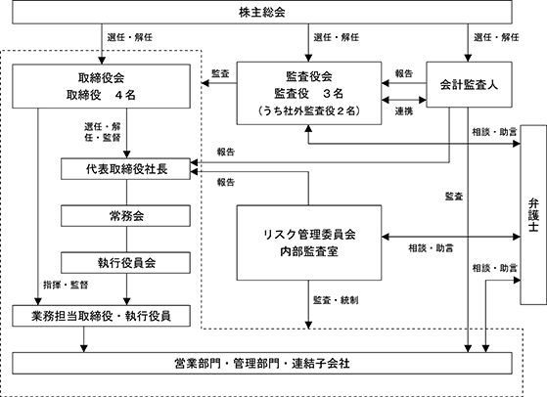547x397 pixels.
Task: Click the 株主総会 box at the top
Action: [x=262, y=12]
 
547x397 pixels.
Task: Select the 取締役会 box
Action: [x=101, y=86]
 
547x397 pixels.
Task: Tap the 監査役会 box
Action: [x=309, y=93]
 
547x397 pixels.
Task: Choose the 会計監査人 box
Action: [x=469, y=84]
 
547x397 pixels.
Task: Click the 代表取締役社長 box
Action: [x=125, y=169]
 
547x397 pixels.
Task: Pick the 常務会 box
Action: [x=125, y=216]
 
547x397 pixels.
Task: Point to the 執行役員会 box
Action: [x=125, y=262]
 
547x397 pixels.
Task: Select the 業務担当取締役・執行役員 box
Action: [x=101, y=316]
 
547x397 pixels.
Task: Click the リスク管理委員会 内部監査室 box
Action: [x=309, y=243]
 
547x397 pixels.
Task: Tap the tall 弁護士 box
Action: [x=533, y=215]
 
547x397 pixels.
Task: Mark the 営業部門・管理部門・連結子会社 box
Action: [x=262, y=363]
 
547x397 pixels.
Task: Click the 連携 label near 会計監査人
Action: [x=404, y=111]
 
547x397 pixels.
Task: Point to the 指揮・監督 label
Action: [x=66, y=285]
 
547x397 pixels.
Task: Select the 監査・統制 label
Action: [x=336, y=300]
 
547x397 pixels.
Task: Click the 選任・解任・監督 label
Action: [x=102, y=132]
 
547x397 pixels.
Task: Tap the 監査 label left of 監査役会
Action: [x=220, y=73]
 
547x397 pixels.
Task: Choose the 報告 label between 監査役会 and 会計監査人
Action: [x=404, y=73]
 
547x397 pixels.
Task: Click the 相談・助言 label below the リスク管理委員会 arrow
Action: [x=431, y=248]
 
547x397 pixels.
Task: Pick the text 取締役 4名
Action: [x=101, y=95]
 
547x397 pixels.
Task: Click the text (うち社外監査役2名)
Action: [x=309, y=110]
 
